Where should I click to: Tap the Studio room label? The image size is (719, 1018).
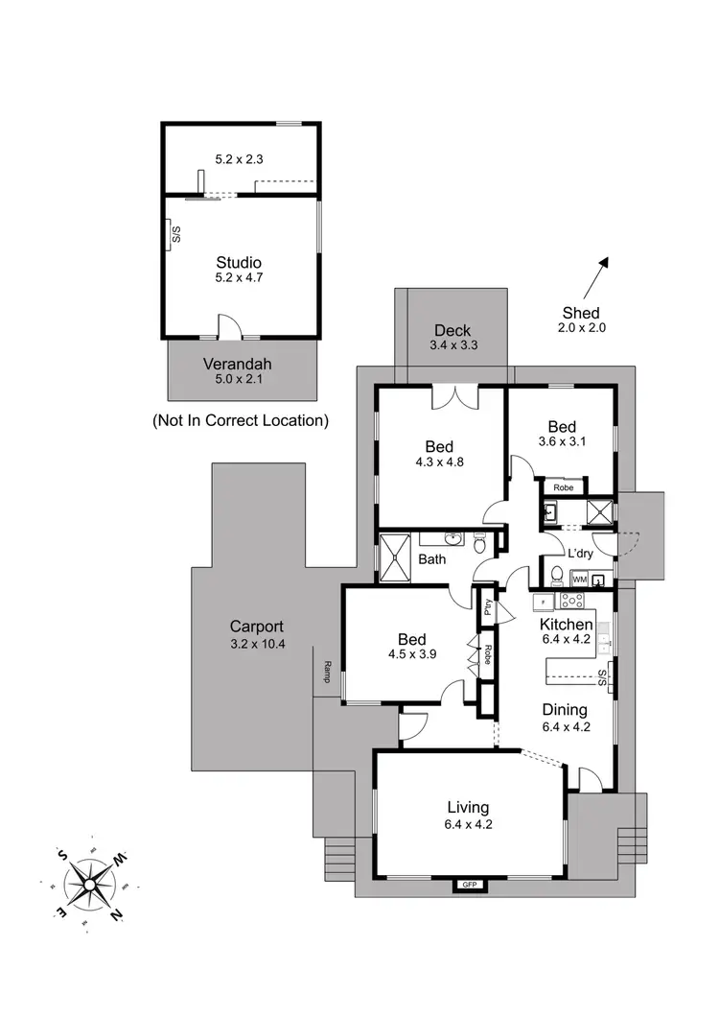point(239,262)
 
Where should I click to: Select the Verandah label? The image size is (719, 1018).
point(237,364)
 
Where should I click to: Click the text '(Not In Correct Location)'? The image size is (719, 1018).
point(240,420)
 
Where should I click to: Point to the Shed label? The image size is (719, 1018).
point(581,313)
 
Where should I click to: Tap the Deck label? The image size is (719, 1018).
point(452,330)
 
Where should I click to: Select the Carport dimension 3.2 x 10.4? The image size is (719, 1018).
point(258,644)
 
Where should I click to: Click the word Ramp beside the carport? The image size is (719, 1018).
point(327,667)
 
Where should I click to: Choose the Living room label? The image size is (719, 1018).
point(468,807)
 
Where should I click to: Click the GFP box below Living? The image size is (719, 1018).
point(469,884)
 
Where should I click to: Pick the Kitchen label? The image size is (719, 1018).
point(566,625)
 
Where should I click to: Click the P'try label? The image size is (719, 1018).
point(488,607)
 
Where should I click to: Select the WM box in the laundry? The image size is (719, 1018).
point(578,580)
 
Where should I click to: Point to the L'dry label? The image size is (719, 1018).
point(580,554)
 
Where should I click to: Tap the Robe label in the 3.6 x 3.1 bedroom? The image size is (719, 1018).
point(564,487)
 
